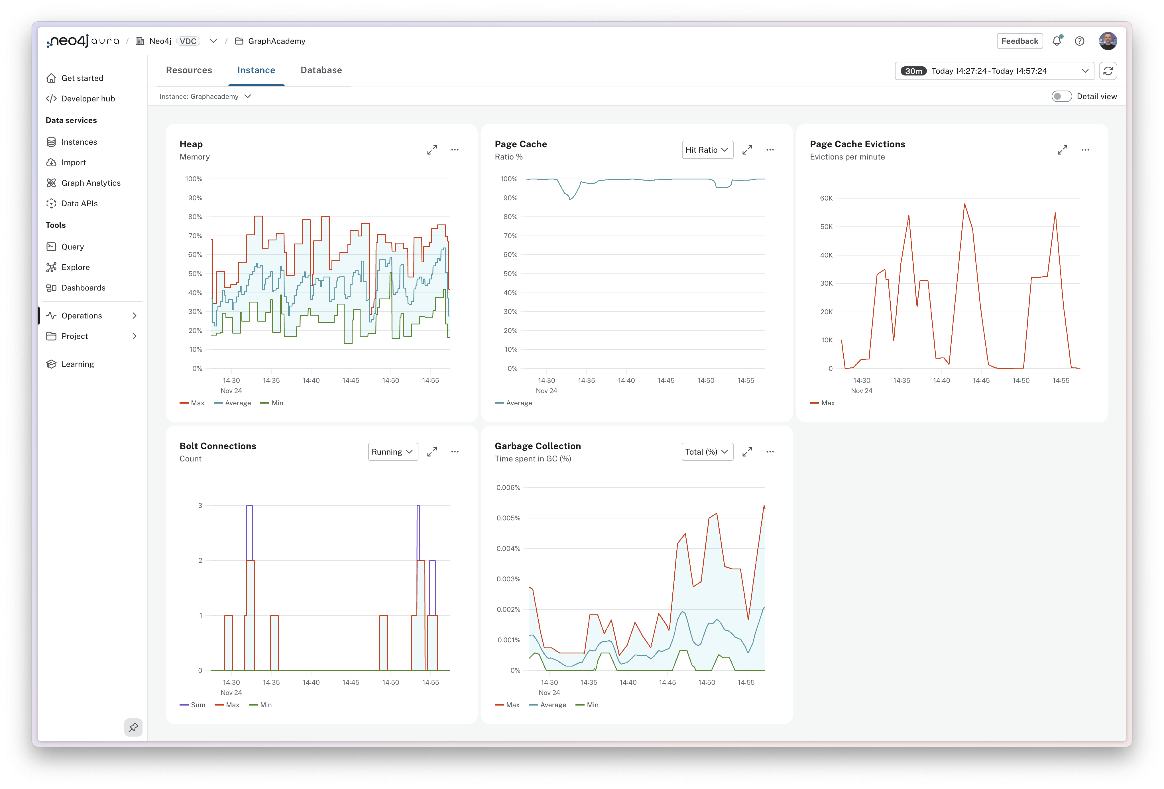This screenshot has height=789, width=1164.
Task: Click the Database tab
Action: click(321, 70)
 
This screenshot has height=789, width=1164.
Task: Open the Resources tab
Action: click(189, 70)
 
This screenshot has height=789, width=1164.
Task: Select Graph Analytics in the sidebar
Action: click(91, 183)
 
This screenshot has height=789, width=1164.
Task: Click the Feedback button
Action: click(1019, 41)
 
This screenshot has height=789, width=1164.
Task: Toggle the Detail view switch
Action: click(1061, 96)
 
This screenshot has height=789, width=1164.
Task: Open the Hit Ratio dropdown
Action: click(707, 150)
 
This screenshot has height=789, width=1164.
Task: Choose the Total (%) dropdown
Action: click(707, 451)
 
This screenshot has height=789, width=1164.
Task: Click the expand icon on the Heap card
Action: click(432, 150)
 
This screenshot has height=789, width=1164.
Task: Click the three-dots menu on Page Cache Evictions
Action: click(1085, 150)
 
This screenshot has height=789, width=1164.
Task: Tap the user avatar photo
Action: click(1107, 41)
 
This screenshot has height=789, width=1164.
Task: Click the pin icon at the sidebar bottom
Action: click(133, 727)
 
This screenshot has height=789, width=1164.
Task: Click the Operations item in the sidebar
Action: click(82, 315)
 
